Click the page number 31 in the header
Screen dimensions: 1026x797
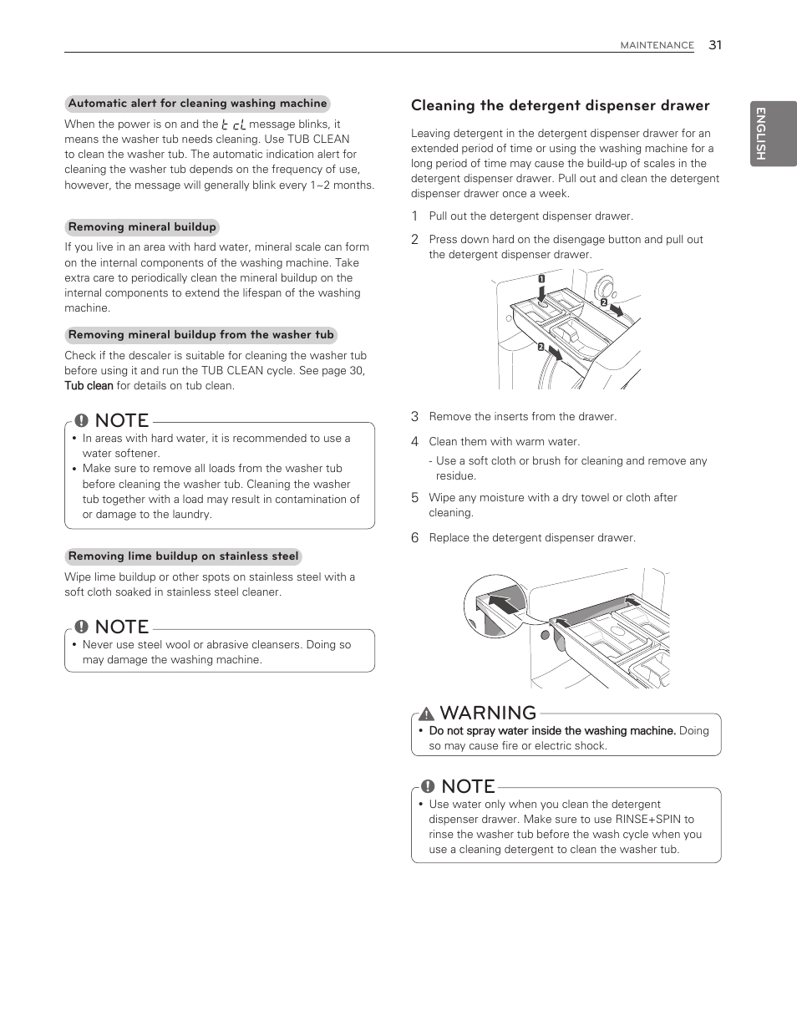714,45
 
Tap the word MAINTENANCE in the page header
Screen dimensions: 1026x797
657,46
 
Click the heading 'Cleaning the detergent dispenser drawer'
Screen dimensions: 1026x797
560,105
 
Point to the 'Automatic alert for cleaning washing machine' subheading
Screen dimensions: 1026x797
197,104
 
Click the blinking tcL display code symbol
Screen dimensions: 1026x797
234,124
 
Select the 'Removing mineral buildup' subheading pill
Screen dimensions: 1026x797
142,227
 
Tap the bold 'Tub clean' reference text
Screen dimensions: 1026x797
89,386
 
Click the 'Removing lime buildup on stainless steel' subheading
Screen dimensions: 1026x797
183,556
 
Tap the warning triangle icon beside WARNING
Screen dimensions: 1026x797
426,714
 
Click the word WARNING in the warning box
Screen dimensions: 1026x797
488,713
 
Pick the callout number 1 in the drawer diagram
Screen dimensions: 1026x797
541,278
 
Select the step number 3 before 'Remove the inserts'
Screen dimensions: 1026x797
414,416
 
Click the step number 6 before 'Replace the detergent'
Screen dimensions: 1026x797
414,538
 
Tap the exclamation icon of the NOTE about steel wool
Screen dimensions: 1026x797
81,627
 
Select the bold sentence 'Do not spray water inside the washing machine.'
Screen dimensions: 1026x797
551,731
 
